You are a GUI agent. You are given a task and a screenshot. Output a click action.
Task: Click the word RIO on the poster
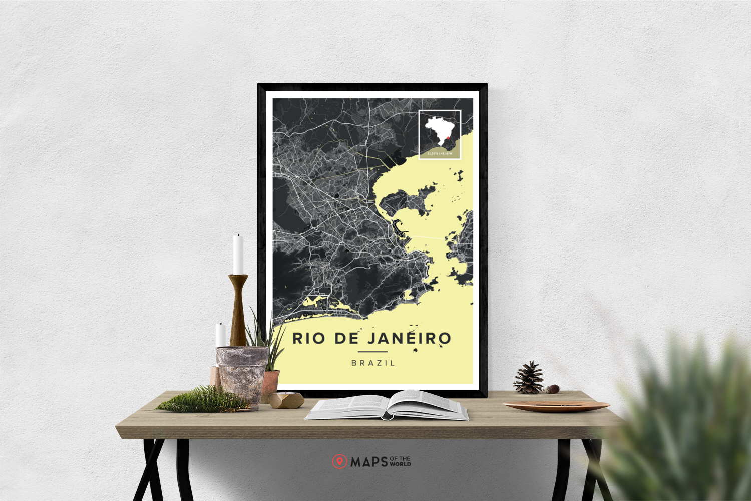[x=308, y=338]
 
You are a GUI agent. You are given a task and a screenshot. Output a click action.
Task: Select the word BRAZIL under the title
[x=373, y=363]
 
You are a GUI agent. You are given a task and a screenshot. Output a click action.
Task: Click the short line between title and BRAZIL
[x=372, y=352]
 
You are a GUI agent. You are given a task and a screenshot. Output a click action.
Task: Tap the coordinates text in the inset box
[x=440, y=153]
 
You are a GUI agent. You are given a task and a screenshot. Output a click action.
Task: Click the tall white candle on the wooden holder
[x=238, y=255]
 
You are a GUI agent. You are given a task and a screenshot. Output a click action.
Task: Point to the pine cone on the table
[x=529, y=378]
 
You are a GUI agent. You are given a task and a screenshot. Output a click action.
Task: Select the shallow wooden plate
[x=556, y=405]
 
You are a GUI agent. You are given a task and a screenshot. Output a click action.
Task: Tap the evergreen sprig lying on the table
[x=203, y=400]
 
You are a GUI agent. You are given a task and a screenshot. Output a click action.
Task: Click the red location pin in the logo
[x=339, y=461]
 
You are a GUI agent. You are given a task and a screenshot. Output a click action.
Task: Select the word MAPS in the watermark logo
[x=369, y=462]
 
